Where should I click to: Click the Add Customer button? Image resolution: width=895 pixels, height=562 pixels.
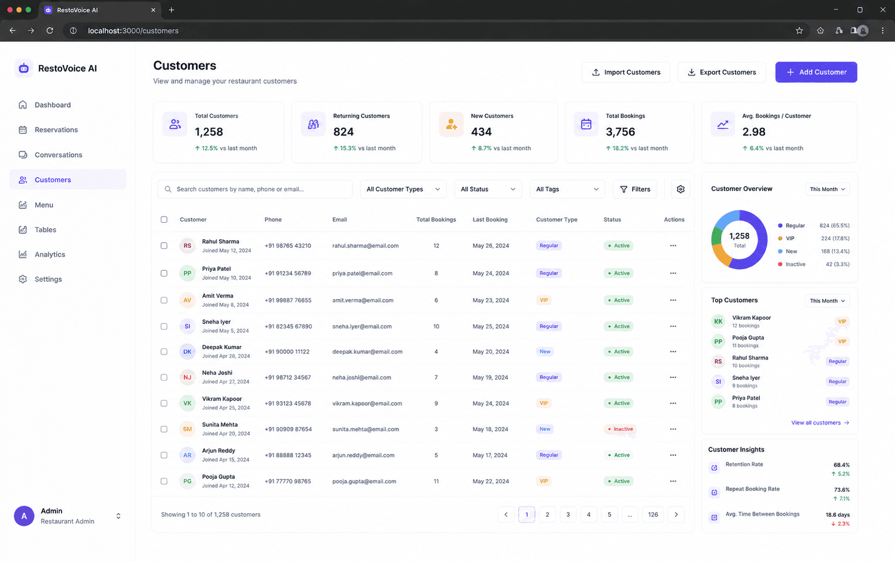pos(816,72)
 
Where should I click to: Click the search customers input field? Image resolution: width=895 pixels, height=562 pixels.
pos(255,189)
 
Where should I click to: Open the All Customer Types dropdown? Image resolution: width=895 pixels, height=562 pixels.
pos(403,189)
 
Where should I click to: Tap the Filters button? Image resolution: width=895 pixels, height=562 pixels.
pos(635,189)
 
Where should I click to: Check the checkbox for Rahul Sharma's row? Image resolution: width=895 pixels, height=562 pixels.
pos(164,245)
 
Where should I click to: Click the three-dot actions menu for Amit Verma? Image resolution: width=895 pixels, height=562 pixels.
pos(673,300)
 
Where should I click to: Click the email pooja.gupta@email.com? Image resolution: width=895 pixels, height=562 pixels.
pos(364,481)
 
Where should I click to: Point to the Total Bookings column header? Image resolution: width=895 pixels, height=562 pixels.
pos(436,219)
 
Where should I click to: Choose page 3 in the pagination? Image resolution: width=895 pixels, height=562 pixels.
pos(568,515)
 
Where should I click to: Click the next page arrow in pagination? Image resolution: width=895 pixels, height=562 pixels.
pos(676,515)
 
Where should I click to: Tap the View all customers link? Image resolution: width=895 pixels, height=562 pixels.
pos(820,422)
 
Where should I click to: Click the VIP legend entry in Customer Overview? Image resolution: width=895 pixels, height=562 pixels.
pos(790,239)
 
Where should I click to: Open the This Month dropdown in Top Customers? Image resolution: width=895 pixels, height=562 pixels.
pos(827,301)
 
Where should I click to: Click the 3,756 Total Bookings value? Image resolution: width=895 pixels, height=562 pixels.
pos(620,132)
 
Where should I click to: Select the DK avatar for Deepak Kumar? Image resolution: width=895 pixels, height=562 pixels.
pos(187,352)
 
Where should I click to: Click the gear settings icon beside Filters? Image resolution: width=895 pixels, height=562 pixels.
pos(681,189)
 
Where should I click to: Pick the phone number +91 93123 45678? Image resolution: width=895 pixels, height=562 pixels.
pos(287,404)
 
